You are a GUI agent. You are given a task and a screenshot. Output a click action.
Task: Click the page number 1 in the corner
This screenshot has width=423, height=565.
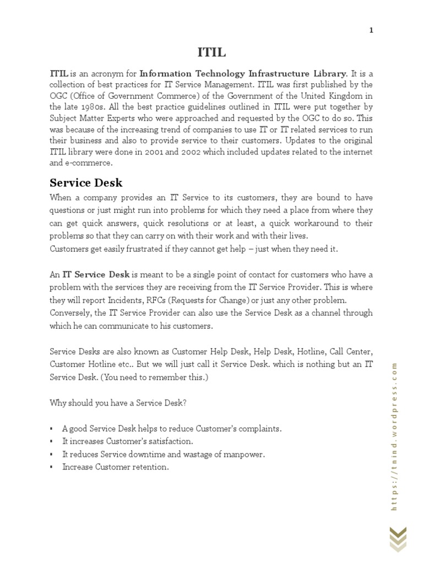pyautogui.click(x=371, y=31)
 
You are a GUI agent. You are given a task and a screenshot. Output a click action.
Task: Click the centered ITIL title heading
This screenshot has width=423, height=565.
pyautogui.click(x=211, y=52)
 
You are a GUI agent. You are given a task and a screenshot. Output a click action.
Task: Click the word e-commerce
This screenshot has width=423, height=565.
pyautogui.click(x=89, y=163)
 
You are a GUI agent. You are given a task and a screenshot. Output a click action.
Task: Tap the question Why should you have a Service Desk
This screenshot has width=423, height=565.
pyautogui.click(x=118, y=403)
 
